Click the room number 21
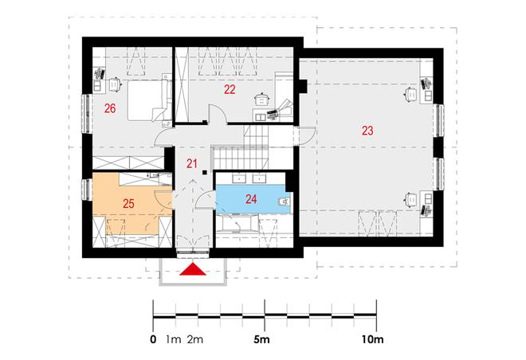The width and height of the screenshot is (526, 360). (192, 164)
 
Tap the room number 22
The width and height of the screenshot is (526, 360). (230, 89)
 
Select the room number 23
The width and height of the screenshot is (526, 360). (367, 131)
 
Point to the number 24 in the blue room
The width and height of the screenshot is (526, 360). (251, 199)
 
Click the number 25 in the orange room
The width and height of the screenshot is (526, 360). (128, 203)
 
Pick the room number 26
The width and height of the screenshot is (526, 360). (110, 108)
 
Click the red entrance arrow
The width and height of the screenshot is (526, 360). (193, 269)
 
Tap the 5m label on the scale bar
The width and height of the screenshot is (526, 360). (261, 339)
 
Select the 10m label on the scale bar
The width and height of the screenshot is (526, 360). (373, 339)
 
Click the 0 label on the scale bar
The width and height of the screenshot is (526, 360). (153, 339)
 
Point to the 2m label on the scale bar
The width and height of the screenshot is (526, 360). (195, 339)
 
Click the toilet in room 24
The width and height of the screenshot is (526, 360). (285, 202)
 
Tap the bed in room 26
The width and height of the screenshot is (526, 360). (147, 100)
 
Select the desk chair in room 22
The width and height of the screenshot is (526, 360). (262, 100)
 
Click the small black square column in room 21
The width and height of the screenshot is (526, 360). (204, 173)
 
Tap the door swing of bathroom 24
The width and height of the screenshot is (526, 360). (205, 200)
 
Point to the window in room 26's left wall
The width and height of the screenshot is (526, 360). (87, 114)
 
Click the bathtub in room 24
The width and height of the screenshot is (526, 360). (237, 224)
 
